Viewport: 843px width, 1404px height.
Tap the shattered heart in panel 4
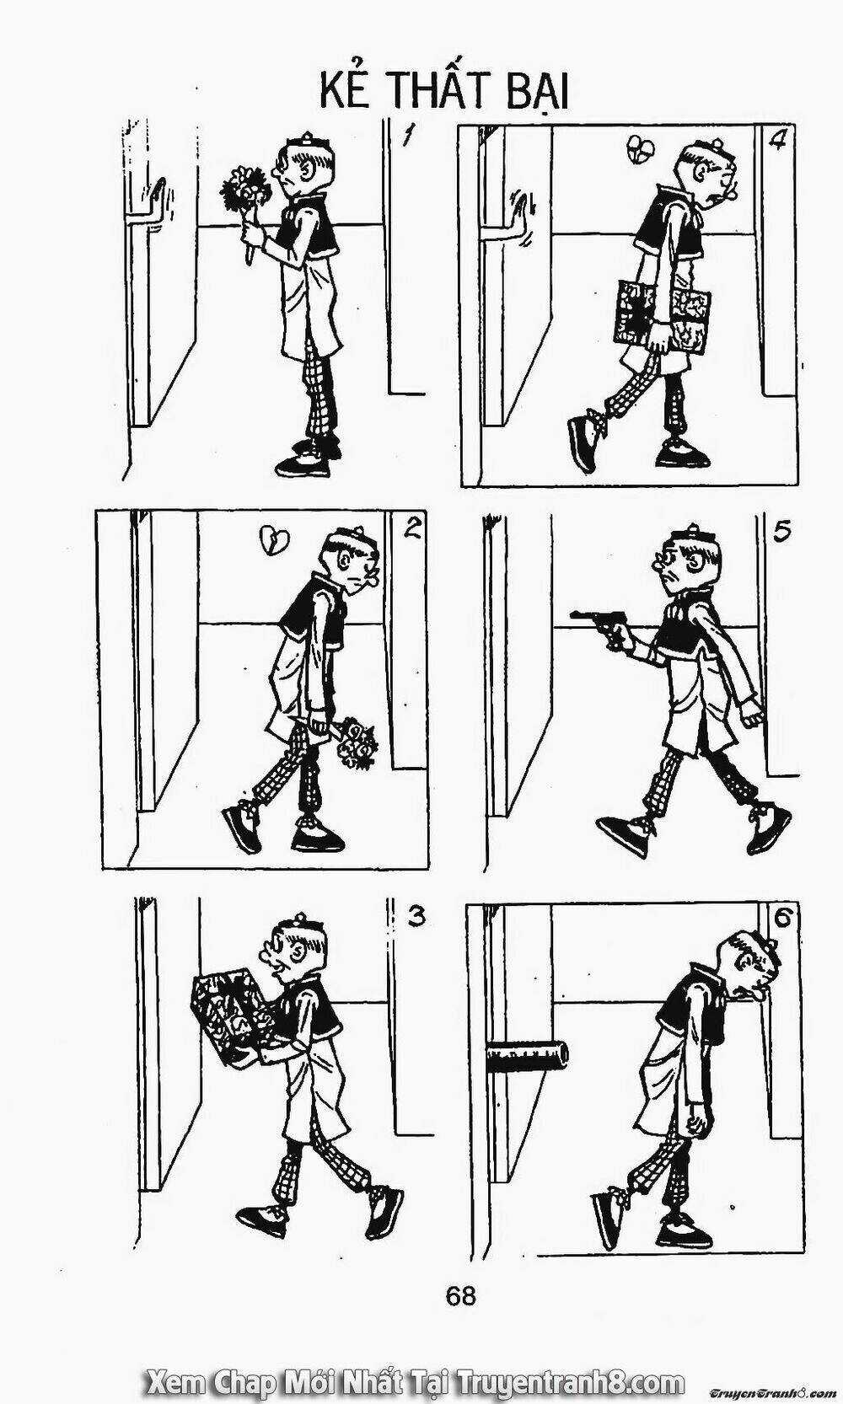pyautogui.click(x=640, y=149)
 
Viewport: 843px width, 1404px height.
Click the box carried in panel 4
pyautogui.click(x=663, y=313)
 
